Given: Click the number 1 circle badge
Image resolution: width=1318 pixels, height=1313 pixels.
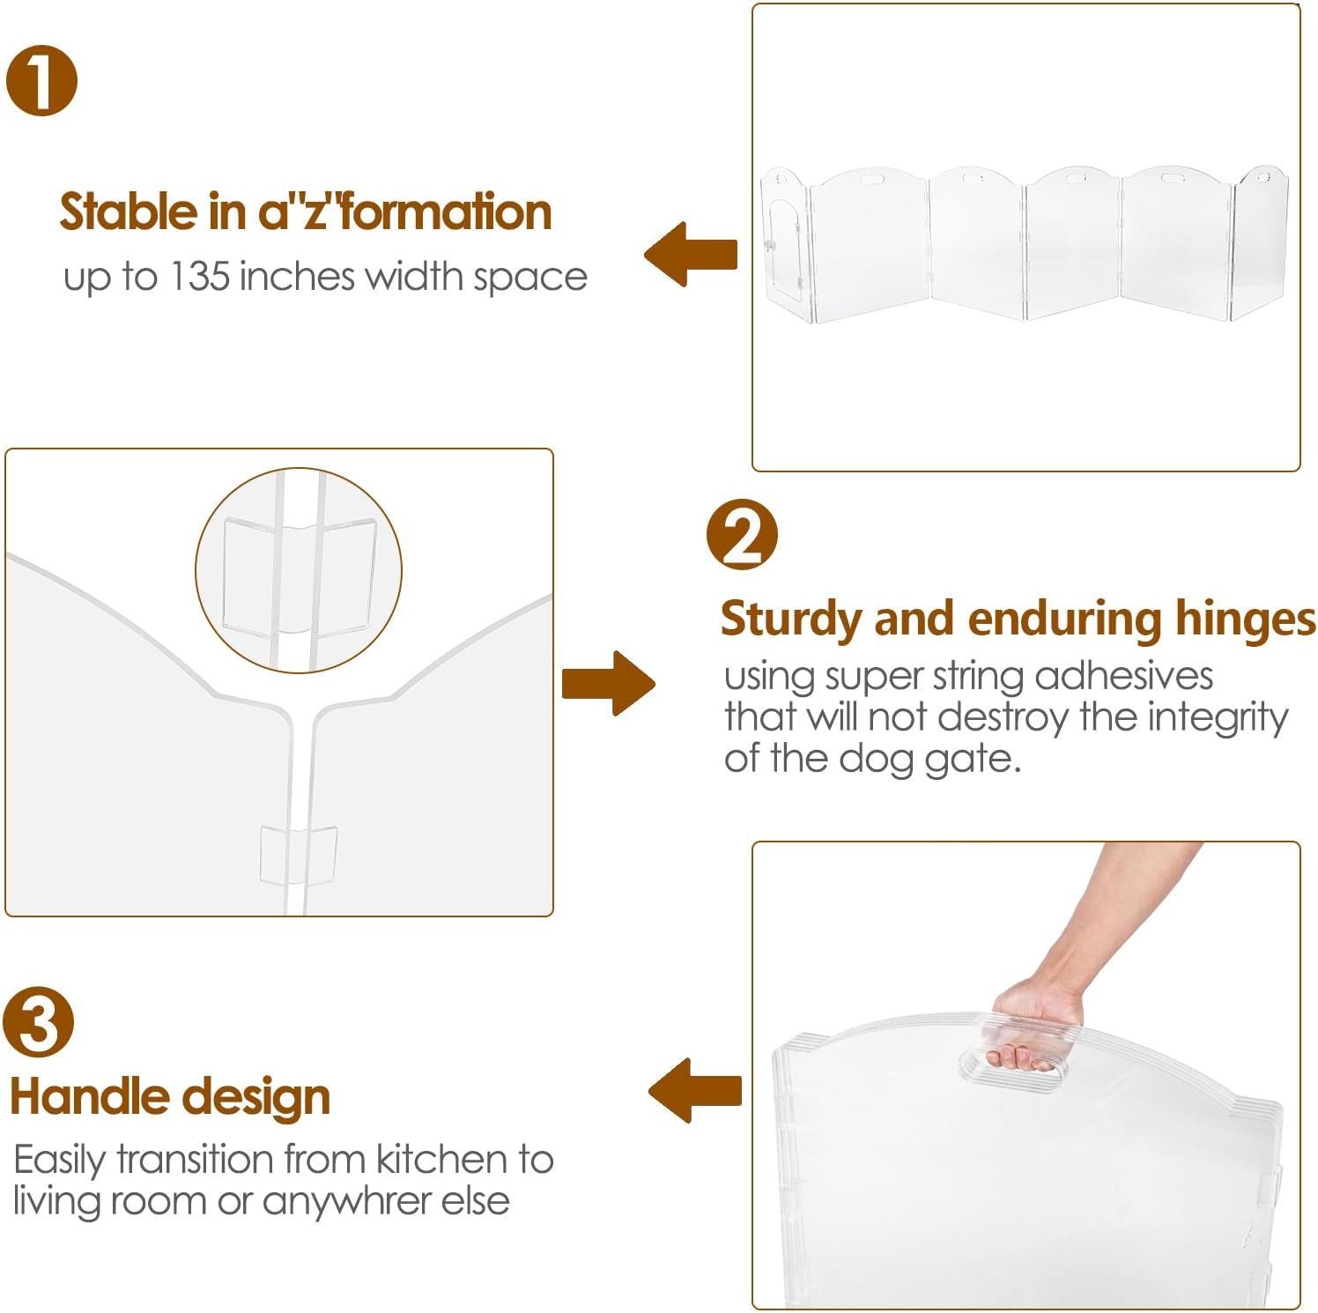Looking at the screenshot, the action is [41, 80].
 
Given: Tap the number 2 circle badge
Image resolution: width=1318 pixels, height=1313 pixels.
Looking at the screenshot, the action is [742, 535].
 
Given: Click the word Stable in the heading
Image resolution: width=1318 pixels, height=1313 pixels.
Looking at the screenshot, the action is [129, 212].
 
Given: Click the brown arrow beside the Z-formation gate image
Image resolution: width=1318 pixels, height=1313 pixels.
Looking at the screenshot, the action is [691, 254].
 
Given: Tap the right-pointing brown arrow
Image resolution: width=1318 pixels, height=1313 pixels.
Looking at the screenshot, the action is [609, 683].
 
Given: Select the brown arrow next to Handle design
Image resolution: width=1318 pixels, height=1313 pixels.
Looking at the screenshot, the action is [695, 1090].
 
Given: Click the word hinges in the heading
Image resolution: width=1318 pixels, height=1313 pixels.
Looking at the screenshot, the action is [1246, 620].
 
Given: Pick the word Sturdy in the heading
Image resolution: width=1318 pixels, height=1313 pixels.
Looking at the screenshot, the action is [793, 620].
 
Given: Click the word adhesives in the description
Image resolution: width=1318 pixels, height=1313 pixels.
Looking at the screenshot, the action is [1124, 676].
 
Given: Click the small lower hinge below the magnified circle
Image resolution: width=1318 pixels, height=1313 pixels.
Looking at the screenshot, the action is [299, 855].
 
